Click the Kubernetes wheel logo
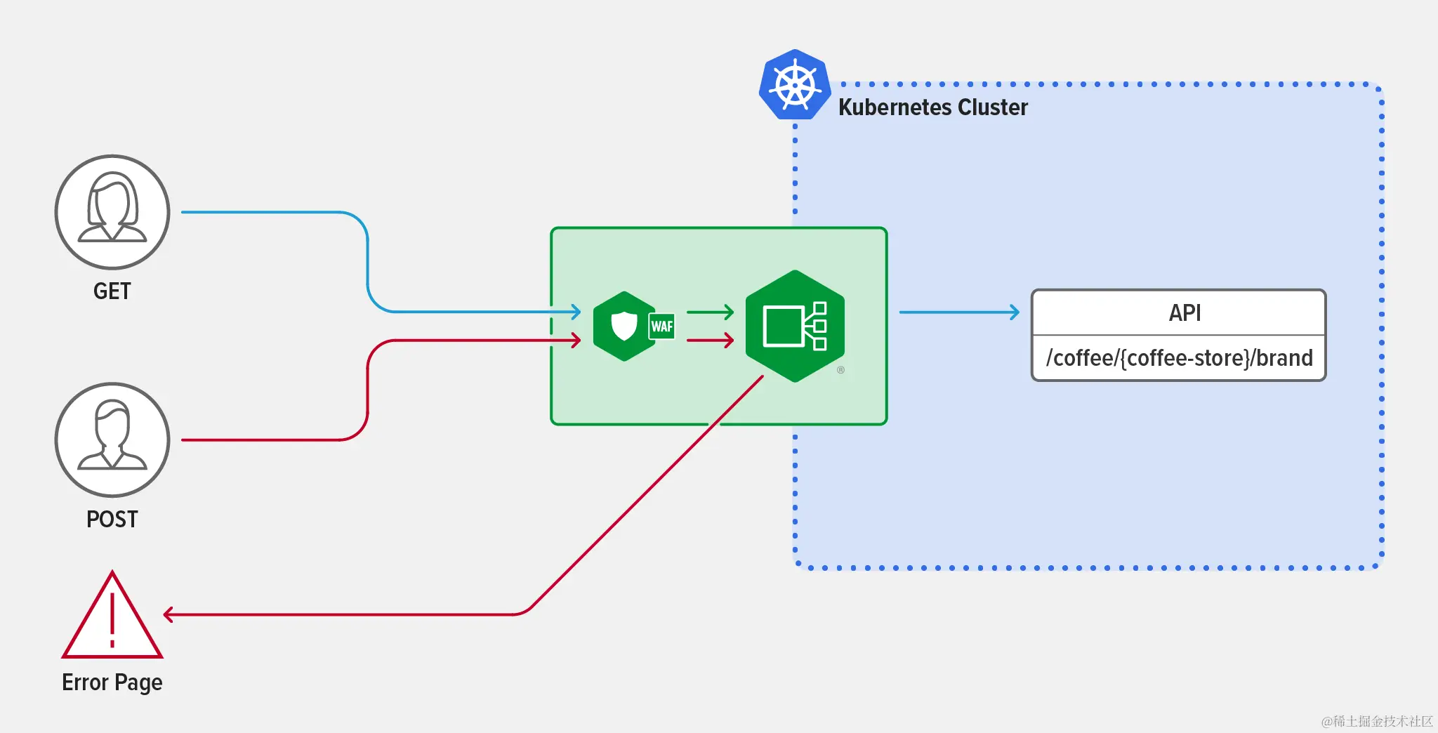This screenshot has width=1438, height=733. coord(795,86)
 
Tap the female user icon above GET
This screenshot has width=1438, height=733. coord(112,211)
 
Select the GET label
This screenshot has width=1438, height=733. coord(112,291)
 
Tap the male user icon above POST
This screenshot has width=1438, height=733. coord(112,440)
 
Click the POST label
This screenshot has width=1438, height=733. coord(112,519)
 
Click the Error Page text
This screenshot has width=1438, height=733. coord(112,682)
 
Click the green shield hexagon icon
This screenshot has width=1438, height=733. coord(624,326)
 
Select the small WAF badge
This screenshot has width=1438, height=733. coord(661,326)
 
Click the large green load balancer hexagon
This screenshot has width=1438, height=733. coord(795,326)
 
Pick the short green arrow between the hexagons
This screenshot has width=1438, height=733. coord(711,312)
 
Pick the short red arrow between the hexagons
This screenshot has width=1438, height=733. coord(711,341)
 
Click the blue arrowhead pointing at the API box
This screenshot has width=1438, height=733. coord(1015,312)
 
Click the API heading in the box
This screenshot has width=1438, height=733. coord(1185,313)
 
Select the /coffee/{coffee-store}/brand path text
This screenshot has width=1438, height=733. coord(1179,358)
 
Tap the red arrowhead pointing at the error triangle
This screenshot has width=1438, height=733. coord(169,615)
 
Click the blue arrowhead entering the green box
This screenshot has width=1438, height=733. coord(576,312)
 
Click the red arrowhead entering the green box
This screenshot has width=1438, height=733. coord(576,341)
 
